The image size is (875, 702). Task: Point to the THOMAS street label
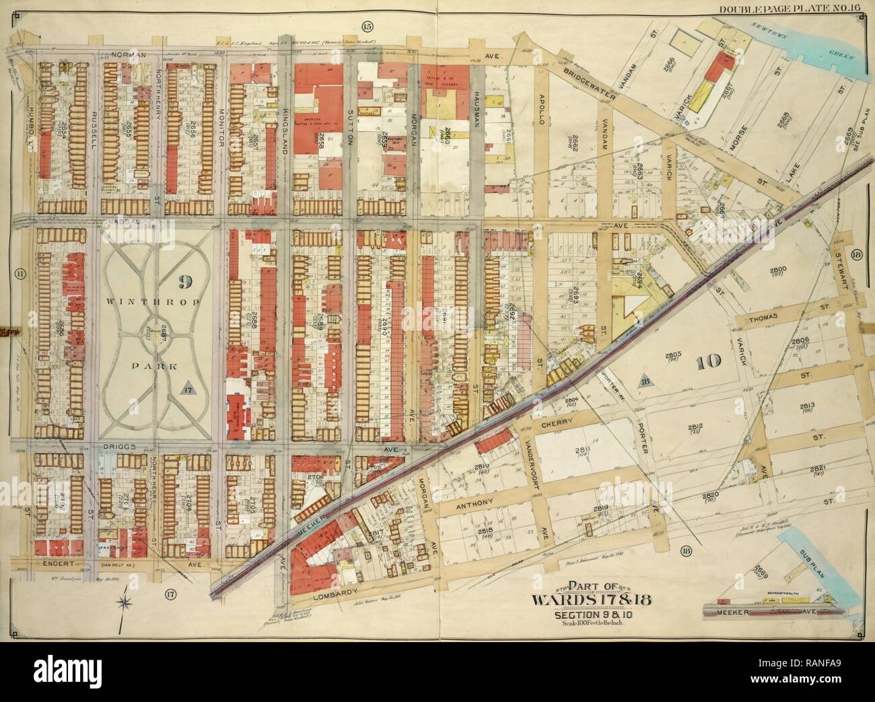pos(761,315)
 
